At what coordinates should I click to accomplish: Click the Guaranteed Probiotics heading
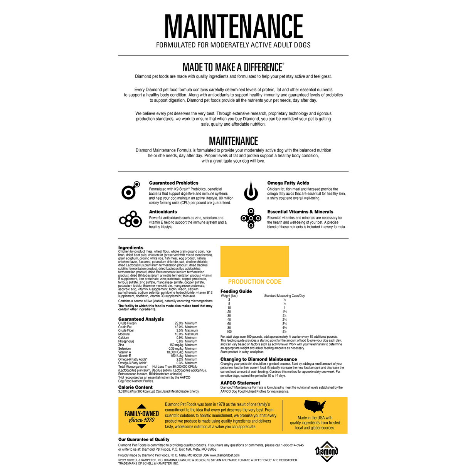coord(173,183)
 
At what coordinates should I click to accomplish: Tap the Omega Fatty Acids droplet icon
coord(251,191)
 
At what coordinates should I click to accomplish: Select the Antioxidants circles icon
coord(131,219)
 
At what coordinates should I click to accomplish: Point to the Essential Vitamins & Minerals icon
coord(251,219)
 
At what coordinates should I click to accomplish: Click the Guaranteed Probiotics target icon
coord(130,190)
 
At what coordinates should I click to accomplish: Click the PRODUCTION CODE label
coord(254,282)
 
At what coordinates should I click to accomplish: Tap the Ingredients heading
coord(131,247)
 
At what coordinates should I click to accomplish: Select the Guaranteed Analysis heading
coord(141,319)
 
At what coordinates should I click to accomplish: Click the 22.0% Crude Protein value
coord(179,323)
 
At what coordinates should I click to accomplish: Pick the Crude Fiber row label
coord(126,330)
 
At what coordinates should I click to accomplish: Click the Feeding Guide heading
coord(236,291)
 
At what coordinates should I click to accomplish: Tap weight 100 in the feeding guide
coord(229,332)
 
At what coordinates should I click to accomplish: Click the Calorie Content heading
coord(135,387)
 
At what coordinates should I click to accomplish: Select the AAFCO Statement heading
coord(240,383)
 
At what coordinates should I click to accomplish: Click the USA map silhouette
coord(315,406)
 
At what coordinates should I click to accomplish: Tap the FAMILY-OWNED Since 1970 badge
coord(141,416)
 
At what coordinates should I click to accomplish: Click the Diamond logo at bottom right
coord(327,451)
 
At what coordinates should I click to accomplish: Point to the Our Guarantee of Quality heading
coord(144,439)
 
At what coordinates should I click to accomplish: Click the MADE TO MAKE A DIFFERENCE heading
coord(233,67)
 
